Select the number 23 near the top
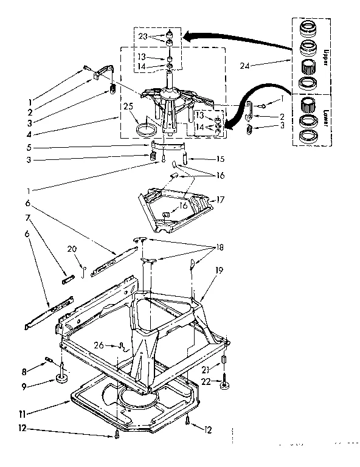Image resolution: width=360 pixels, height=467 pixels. pyautogui.click(x=142, y=36)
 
